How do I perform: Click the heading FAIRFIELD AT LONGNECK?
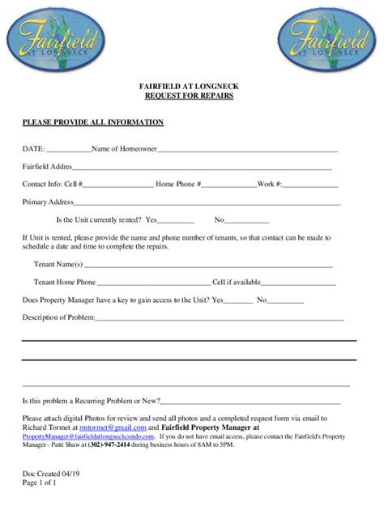192,86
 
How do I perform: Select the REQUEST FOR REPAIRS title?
192,96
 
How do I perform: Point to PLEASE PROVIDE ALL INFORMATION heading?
93,122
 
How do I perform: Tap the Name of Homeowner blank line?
247,151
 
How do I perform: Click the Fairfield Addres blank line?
203,168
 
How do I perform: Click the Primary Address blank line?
207,203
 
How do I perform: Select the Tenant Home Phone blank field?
153,283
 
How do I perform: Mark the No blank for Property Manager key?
285,301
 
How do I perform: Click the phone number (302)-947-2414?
134,444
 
